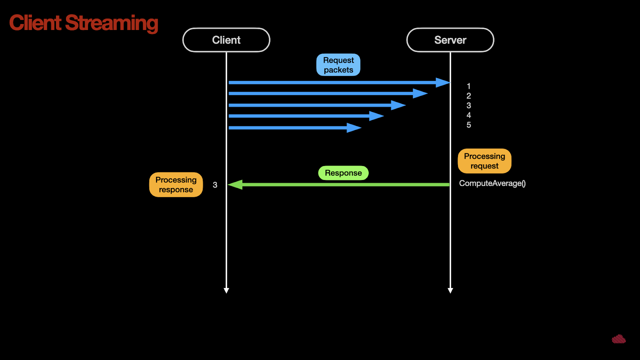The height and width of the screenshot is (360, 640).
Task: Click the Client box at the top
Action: (226, 40)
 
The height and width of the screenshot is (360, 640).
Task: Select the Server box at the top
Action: (450, 40)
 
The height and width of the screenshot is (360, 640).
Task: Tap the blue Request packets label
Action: (338, 65)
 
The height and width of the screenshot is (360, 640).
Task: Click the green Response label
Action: (344, 173)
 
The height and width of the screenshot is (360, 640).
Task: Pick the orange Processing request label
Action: (484, 161)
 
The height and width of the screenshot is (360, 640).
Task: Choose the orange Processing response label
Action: (176, 184)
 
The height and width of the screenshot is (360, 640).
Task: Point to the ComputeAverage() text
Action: (492, 184)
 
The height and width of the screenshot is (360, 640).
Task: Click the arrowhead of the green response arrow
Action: (235, 184)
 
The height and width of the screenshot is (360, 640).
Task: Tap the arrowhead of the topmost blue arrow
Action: (443, 82)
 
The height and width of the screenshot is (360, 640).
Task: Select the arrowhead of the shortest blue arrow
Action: (354, 128)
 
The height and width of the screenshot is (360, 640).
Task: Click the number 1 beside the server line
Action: (468, 86)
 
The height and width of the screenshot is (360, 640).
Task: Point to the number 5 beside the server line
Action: (468, 125)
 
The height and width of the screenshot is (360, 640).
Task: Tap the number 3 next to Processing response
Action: (215, 185)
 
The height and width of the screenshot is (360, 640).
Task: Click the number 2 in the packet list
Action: (468, 96)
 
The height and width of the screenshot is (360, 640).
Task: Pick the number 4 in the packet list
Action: (468, 115)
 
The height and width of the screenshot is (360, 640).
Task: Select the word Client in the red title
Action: (35, 22)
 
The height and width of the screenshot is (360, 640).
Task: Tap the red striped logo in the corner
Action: (619, 339)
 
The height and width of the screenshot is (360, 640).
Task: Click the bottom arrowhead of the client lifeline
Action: (226, 291)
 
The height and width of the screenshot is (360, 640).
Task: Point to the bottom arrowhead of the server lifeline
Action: (450, 291)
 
